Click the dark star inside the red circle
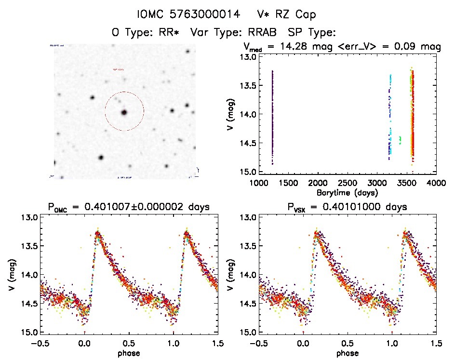pos(124,112)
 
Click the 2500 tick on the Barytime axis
pos(347,183)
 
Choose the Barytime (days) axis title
pos(347,192)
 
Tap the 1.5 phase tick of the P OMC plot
pos(218,344)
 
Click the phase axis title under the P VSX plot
pos(347,353)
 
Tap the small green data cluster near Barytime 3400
pos(400,140)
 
